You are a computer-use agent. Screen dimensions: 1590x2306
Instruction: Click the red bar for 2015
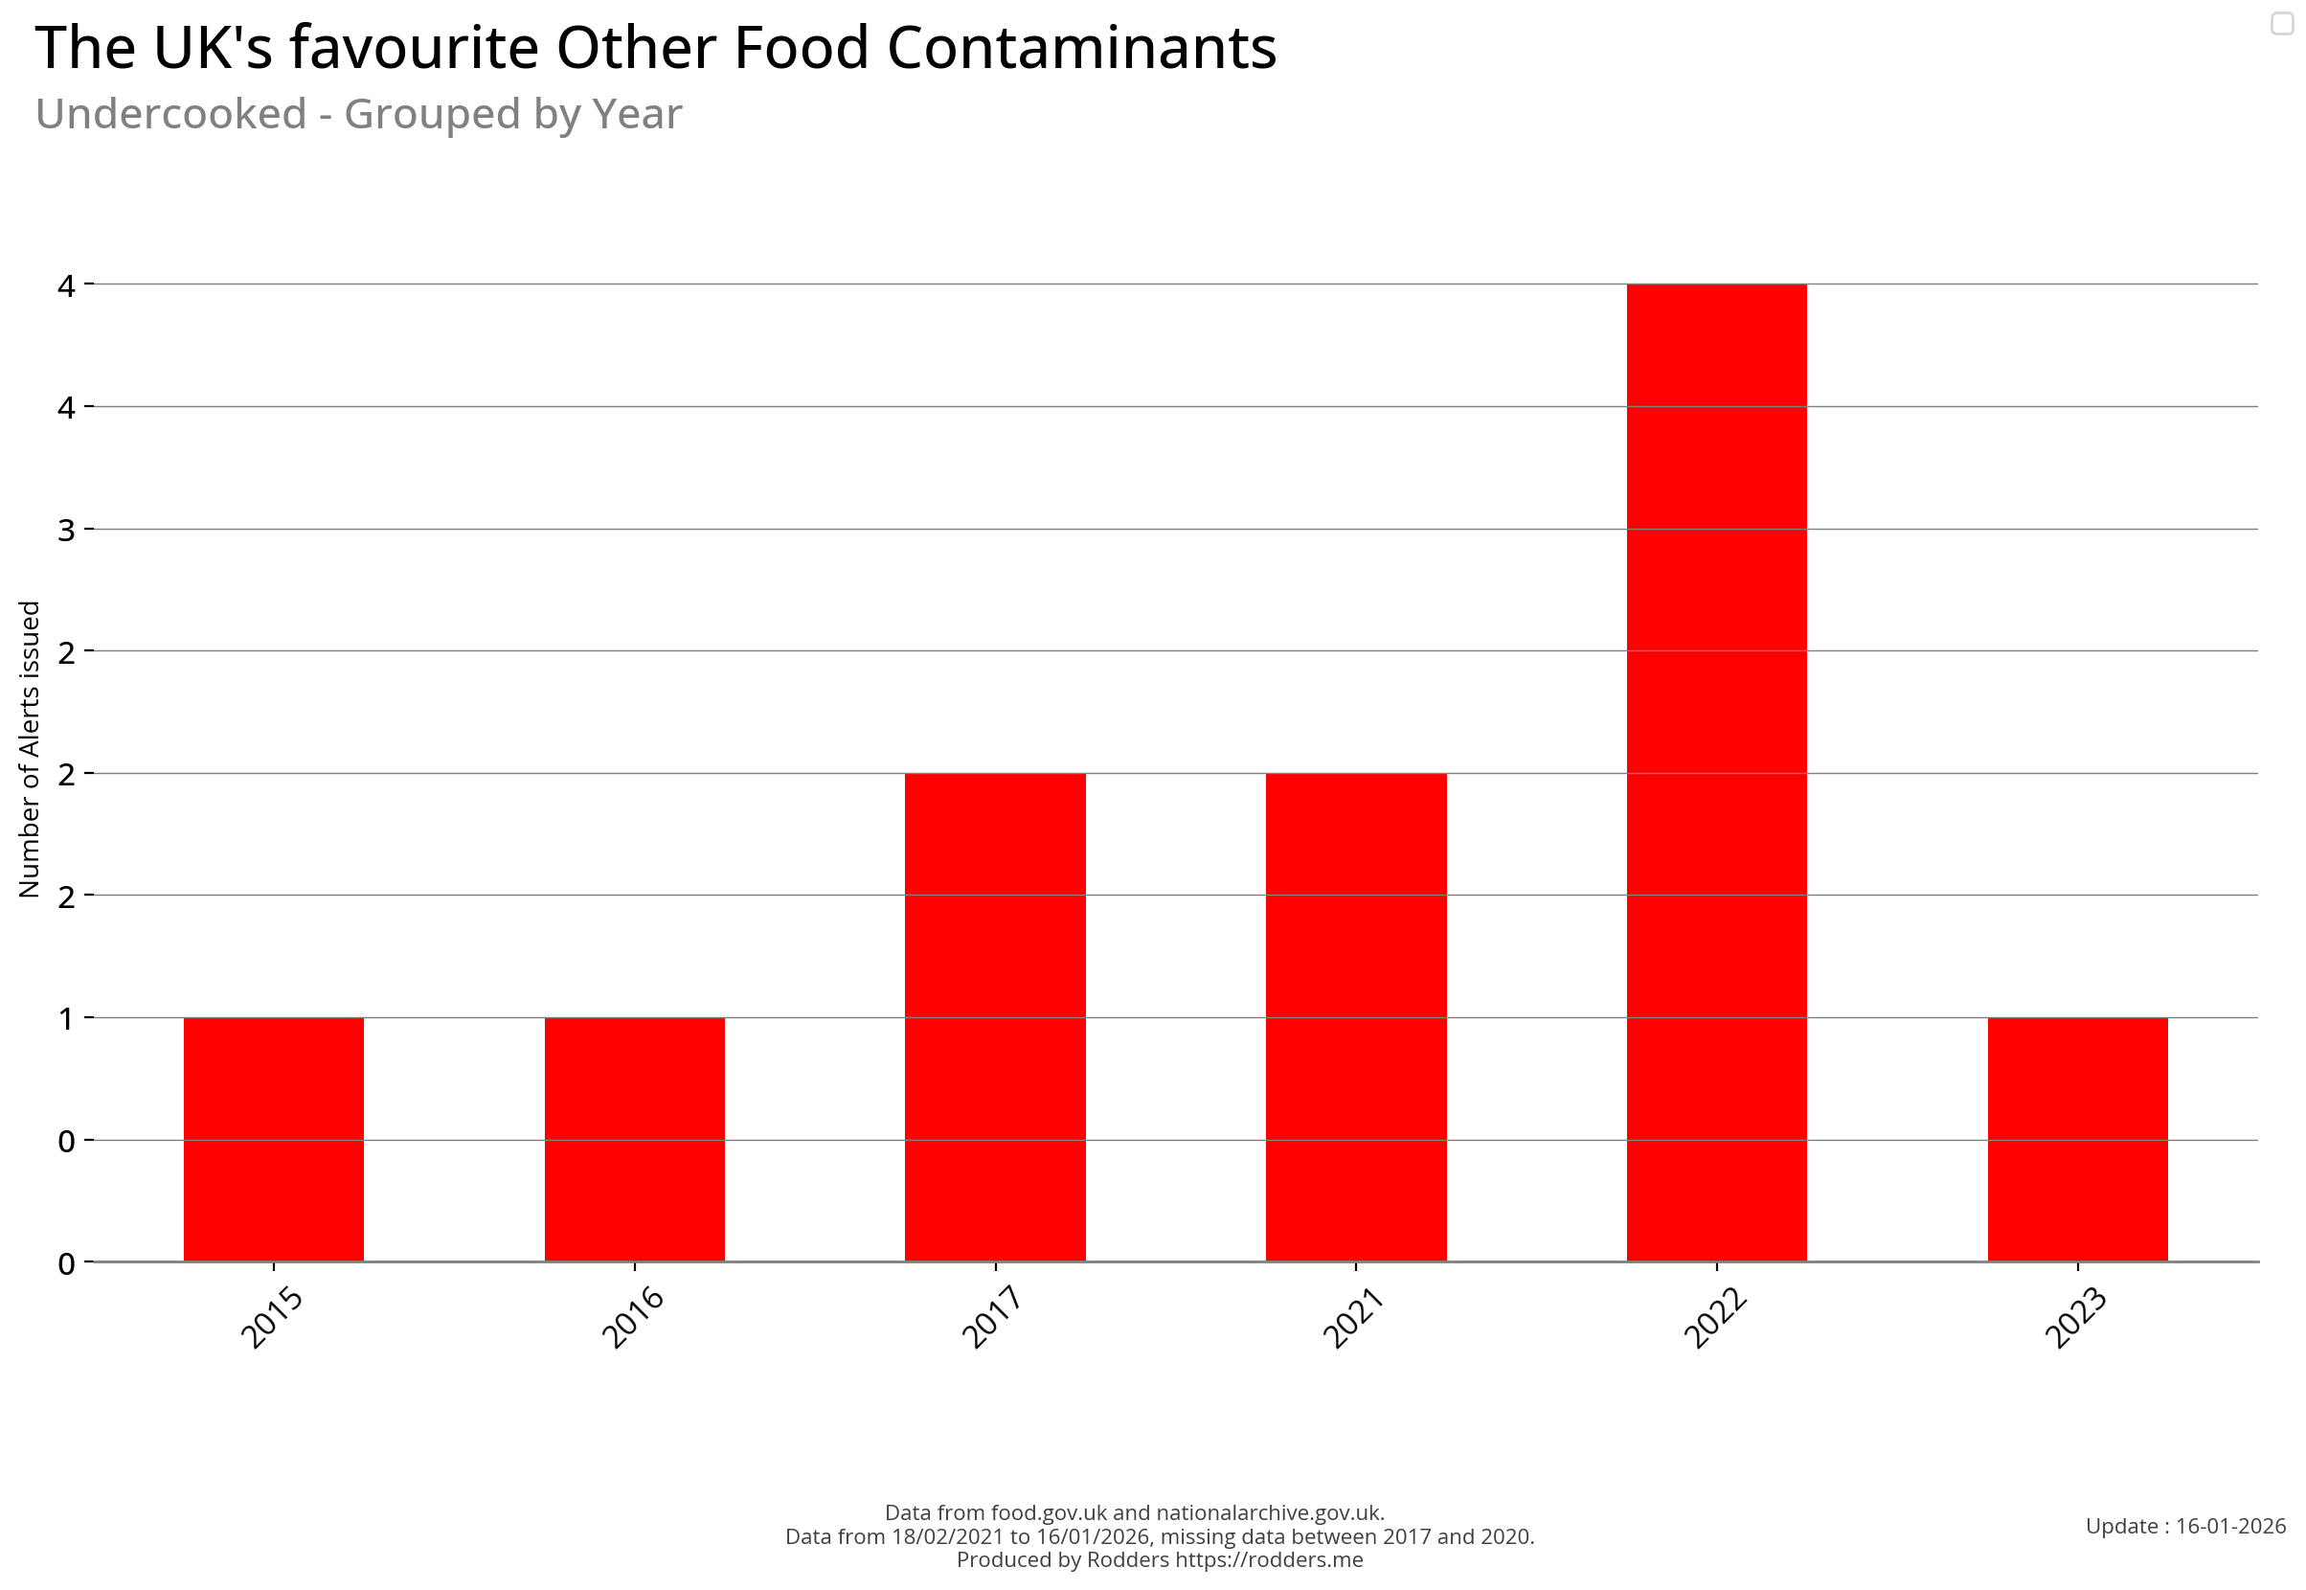[x=273, y=1139]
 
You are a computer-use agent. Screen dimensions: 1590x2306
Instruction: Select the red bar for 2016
[x=634, y=1139]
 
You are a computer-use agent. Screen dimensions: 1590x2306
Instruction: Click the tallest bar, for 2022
[x=1715, y=772]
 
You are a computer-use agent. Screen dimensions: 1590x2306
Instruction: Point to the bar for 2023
[x=2077, y=1139]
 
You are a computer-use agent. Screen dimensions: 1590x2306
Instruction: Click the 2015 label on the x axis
[x=272, y=1317]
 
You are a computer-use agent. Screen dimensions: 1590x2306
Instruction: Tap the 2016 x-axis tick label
[x=633, y=1317]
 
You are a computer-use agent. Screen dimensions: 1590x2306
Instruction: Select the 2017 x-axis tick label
[x=992, y=1317]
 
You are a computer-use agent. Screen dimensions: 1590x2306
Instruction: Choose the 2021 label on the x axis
[x=1353, y=1317]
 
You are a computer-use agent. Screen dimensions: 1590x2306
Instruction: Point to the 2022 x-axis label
[x=1713, y=1317]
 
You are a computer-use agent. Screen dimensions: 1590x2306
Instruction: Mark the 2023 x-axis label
[x=2075, y=1317]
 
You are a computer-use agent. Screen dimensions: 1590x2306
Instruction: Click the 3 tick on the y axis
[x=67, y=529]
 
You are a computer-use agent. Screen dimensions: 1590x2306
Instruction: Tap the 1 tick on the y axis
[x=67, y=1018]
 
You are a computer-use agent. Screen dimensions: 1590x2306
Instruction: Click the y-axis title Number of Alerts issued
[x=30, y=748]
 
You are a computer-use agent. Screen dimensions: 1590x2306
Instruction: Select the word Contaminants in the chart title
[x=1081, y=48]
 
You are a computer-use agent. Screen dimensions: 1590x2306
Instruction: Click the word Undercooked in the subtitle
[x=170, y=114]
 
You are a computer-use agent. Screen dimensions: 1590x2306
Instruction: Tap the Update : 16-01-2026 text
[x=2184, y=1525]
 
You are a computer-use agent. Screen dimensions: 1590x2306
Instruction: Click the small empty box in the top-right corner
[x=2281, y=23]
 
